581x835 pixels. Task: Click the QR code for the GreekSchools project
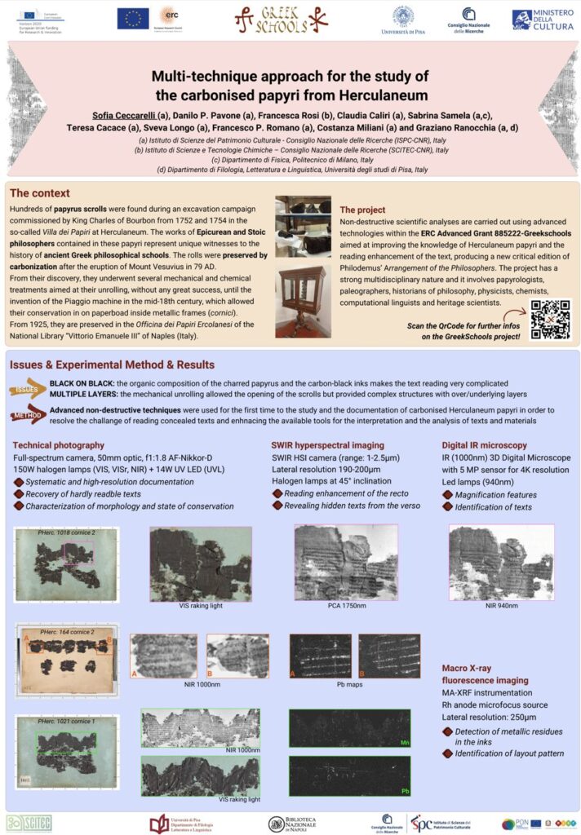pos(550,319)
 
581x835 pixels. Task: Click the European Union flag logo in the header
pos(132,18)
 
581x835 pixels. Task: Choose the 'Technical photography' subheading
pos(59,445)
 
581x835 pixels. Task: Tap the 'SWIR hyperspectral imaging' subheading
pos(329,445)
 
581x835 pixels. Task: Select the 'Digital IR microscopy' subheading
pos(486,445)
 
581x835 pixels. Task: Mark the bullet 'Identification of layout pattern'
pos(509,753)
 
